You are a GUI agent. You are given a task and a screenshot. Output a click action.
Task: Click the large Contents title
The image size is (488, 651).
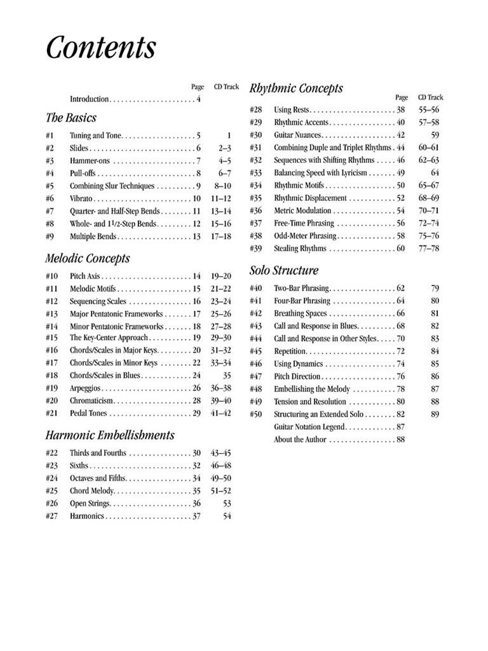tap(100, 48)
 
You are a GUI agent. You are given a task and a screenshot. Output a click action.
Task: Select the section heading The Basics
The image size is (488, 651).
tap(71, 118)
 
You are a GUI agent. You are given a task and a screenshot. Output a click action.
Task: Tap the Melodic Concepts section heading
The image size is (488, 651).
tap(88, 258)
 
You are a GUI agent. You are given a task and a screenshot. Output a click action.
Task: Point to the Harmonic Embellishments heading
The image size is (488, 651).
tap(109, 435)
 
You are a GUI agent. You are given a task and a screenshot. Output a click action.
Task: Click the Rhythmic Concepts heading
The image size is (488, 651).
tap(296, 88)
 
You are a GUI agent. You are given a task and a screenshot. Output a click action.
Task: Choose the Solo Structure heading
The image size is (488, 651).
tap(284, 271)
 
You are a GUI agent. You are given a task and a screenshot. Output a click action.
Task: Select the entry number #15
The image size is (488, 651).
tap(52, 338)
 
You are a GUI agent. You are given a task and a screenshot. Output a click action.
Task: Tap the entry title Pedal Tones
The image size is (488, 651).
tap(89, 413)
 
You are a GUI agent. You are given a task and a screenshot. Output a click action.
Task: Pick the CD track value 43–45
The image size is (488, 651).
tap(220, 453)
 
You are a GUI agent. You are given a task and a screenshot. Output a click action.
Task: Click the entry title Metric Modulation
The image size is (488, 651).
tap(302, 210)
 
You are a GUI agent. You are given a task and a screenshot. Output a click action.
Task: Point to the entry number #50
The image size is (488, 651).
tap(256, 415)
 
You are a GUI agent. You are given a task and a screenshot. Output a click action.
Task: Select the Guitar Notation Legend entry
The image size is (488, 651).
tap(309, 427)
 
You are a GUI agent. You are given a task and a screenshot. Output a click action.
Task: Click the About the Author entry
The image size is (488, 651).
tap(300, 440)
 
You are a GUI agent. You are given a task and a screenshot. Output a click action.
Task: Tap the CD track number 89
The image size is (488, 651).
tap(435, 415)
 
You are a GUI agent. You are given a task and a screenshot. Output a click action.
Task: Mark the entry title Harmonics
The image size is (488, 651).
tap(87, 516)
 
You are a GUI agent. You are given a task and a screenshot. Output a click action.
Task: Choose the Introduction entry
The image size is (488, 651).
tap(90, 99)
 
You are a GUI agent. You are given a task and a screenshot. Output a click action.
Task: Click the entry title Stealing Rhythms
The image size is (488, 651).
tap(300, 249)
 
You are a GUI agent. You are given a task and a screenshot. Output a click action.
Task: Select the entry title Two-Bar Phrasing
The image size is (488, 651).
tap(301, 288)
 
